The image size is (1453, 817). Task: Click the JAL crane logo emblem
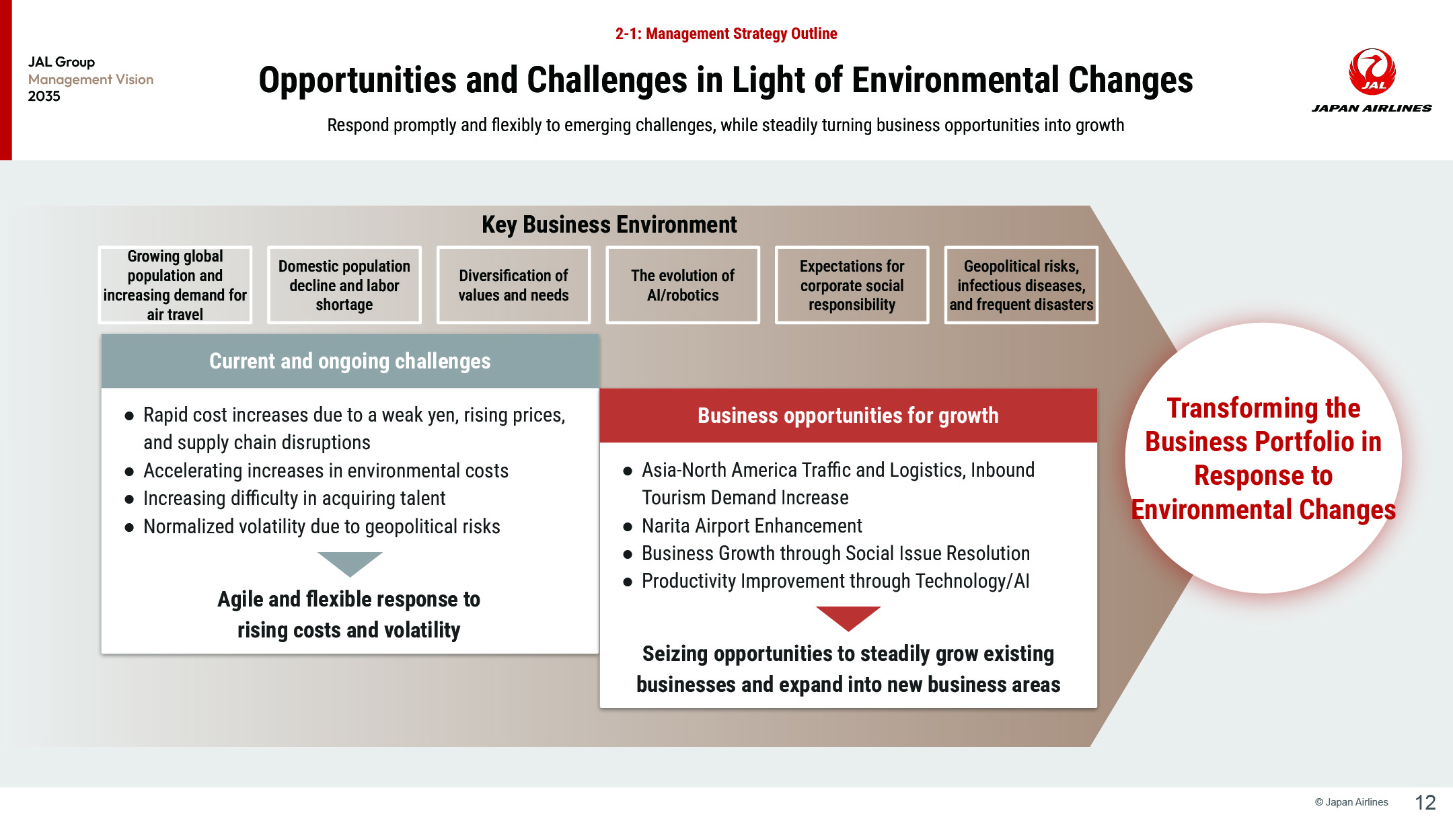[1372, 71]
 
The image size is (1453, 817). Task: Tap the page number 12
[1425, 802]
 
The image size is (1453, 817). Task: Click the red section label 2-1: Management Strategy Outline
[726, 34]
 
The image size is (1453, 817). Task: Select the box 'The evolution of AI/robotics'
[683, 285]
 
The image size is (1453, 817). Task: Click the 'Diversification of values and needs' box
[513, 285]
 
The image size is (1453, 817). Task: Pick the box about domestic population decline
[344, 285]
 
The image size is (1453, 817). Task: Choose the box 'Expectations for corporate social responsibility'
[852, 285]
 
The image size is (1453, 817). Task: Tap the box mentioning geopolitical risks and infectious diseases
[1021, 285]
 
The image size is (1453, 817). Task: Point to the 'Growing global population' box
[175, 285]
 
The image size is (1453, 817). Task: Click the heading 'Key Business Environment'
[609, 225]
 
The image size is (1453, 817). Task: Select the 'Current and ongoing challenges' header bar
[350, 361]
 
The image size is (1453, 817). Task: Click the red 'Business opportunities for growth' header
[848, 416]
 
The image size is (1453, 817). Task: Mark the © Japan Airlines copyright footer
[1351, 802]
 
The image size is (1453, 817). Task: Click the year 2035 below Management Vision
[44, 96]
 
